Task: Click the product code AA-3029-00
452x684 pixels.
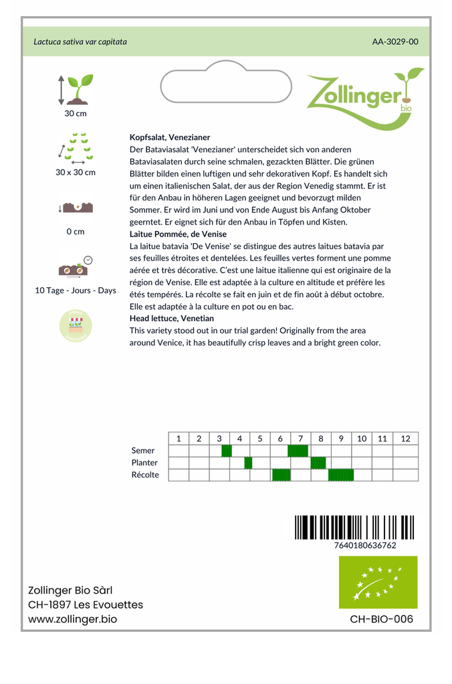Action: pyautogui.click(x=395, y=41)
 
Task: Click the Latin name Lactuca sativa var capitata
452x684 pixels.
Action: pyautogui.click(x=80, y=41)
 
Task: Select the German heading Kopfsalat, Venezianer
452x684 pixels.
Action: pyautogui.click(x=170, y=137)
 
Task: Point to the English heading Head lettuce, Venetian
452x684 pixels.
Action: pyautogui.click(x=172, y=319)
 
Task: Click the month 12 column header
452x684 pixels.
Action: pyautogui.click(x=405, y=438)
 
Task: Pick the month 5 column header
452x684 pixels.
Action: pyautogui.click(x=259, y=438)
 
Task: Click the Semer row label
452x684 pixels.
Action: pyautogui.click(x=143, y=451)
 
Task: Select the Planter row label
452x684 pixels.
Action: pyautogui.click(x=144, y=463)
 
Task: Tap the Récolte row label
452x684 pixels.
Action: pyautogui.click(x=145, y=475)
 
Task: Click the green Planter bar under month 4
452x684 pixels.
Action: pyautogui.click(x=248, y=463)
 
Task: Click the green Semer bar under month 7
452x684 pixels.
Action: pyautogui.click(x=298, y=451)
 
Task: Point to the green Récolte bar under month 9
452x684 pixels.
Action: pyautogui.click(x=341, y=475)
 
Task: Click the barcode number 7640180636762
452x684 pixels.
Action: pyautogui.click(x=364, y=545)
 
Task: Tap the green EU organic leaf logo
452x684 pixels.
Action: pyautogui.click(x=378, y=582)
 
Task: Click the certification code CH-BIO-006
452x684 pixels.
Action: pyautogui.click(x=381, y=619)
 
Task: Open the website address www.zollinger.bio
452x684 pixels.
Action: pyautogui.click(x=72, y=619)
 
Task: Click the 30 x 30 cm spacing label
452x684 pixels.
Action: pyautogui.click(x=76, y=172)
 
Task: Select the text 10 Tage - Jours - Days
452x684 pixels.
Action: pyautogui.click(x=76, y=291)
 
